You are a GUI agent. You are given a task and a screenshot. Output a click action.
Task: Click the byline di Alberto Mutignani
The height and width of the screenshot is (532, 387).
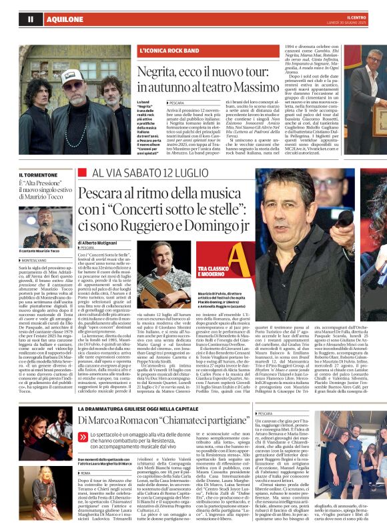(101, 243)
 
